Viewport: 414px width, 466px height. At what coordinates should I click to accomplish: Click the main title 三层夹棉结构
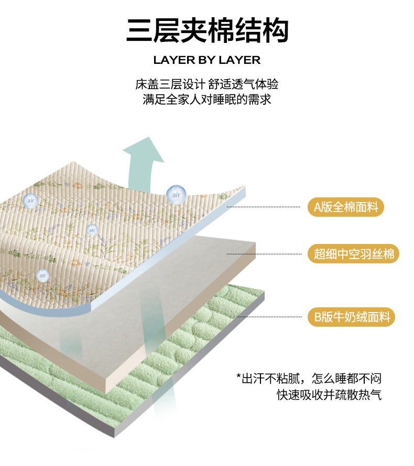coord(208,30)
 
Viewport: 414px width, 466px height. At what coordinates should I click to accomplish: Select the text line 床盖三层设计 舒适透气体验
coord(206,84)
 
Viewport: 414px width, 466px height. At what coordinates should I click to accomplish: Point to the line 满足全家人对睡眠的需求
coord(206,99)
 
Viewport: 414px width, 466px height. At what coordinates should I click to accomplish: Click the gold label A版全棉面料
coord(345,207)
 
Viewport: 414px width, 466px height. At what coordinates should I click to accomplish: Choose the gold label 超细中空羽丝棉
coord(353,254)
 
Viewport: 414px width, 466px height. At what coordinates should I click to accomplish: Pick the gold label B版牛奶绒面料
coord(351,317)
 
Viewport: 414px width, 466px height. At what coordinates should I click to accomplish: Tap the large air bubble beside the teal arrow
coord(176,195)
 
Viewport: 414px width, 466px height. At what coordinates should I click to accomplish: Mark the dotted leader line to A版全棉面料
coord(263,207)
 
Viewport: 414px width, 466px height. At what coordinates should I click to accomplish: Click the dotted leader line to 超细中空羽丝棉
coord(264,254)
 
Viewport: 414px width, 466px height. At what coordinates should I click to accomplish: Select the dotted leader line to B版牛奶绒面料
coord(269,317)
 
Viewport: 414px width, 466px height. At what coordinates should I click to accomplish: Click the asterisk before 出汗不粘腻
coord(238,376)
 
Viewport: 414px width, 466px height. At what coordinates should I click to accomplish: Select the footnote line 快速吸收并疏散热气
coord(329,395)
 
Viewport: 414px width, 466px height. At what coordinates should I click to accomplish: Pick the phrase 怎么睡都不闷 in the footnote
coord(346,379)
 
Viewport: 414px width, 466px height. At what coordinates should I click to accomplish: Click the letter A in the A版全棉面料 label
coord(318,207)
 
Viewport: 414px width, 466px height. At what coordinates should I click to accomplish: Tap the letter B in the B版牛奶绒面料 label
coord(318,317)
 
